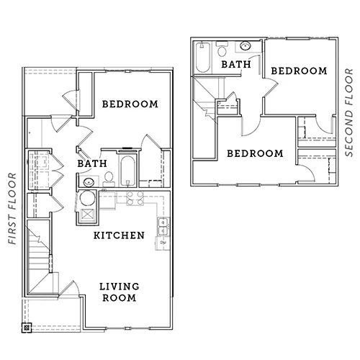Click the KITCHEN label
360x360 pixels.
click(x=119, y=235)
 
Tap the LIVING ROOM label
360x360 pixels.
click(x=120, y=292)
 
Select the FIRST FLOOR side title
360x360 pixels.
click(x=12, y=209)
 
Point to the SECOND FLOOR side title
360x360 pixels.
click(x=349, y=112)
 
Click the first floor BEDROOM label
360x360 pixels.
click(x=130, y=104)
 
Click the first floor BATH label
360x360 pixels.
click(x=92, y=163)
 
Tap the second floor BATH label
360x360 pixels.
click(x=236, y=64)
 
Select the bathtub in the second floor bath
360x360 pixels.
click(x=203, y=58)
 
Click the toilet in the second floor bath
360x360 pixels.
click(x=222, y=49)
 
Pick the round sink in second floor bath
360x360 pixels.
click(x=246, y=45)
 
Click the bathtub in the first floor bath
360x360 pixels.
click(x=127, y=171)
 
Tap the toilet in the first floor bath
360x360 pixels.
click(x=109, y=179)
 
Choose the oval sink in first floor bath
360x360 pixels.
click(x=89, y=182)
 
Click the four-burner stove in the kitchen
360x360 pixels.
click(x=135, y=199)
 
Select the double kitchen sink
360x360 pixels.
click(x=163, y=227)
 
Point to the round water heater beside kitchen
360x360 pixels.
click(x=87, y=198)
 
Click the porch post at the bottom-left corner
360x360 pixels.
click(x=27, y=328)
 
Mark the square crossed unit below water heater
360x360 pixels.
click(x=87, y=215)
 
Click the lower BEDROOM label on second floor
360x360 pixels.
click(x=255, y=153)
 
